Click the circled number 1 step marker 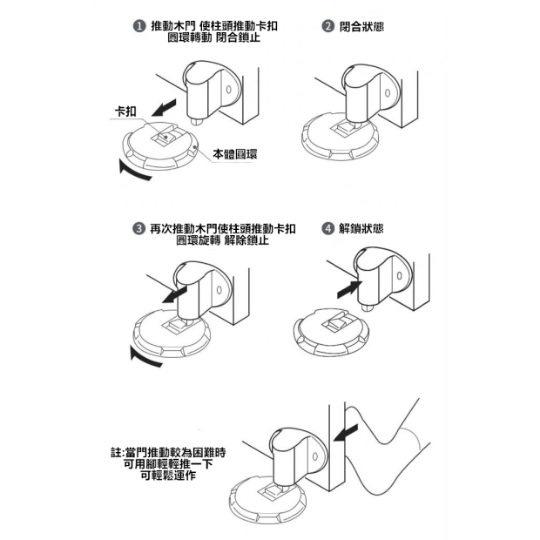point(139,26)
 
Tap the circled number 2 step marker point(327,26)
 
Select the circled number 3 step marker point(138,228)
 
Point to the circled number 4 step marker point(327,228)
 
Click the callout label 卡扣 point(125,111)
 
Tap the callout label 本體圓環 point(235,154)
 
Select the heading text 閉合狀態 point(361,26)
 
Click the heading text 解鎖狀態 point(361,228)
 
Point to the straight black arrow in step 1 point(164,108)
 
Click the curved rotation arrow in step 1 point(132,172)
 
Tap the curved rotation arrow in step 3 point(144,359)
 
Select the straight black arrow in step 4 point(349,289)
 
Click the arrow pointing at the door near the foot point(346,433)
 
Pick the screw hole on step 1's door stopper point(228,90)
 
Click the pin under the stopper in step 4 point(368,307)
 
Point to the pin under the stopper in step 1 point(196,121)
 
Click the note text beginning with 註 point(168,464)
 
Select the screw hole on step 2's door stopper point(388,93)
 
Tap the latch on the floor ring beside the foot point(273,493)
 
